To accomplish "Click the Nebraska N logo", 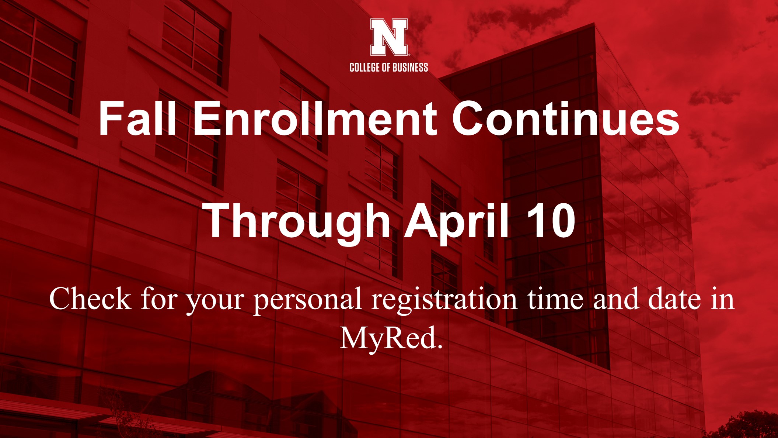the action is point(389,37).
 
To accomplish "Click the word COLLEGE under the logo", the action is point(364,68).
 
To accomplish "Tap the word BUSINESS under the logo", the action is point(411,68).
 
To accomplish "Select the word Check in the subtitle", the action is point(90,298).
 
